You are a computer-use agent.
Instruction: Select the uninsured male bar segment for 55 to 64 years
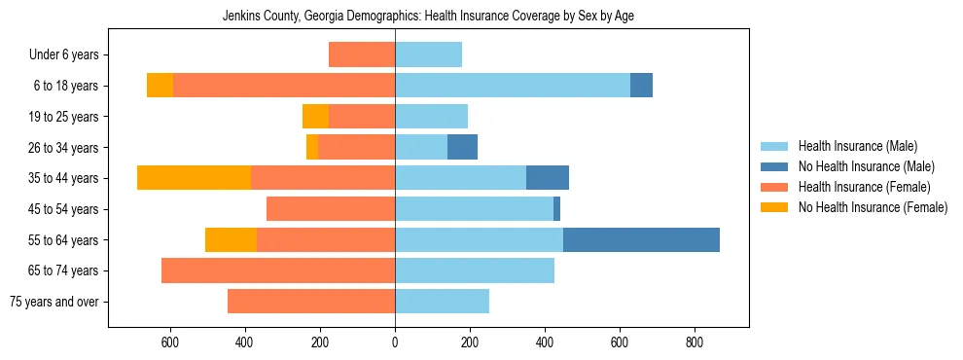pos(641,239)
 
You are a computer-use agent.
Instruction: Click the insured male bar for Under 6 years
pos(428,54)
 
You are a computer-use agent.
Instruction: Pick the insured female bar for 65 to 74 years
pos(278,270)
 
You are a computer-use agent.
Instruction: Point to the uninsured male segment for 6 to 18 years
pos(641,86)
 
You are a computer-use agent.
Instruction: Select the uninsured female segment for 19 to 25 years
pos(315,117)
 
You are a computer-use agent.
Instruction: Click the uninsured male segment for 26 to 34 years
pos(462,147)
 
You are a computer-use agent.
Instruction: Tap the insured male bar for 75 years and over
pos(442,302)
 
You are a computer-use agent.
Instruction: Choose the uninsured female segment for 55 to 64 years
pos(231,239)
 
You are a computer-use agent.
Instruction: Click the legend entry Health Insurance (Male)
pos(856,146)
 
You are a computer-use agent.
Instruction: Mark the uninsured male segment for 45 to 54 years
pos(556,209)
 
